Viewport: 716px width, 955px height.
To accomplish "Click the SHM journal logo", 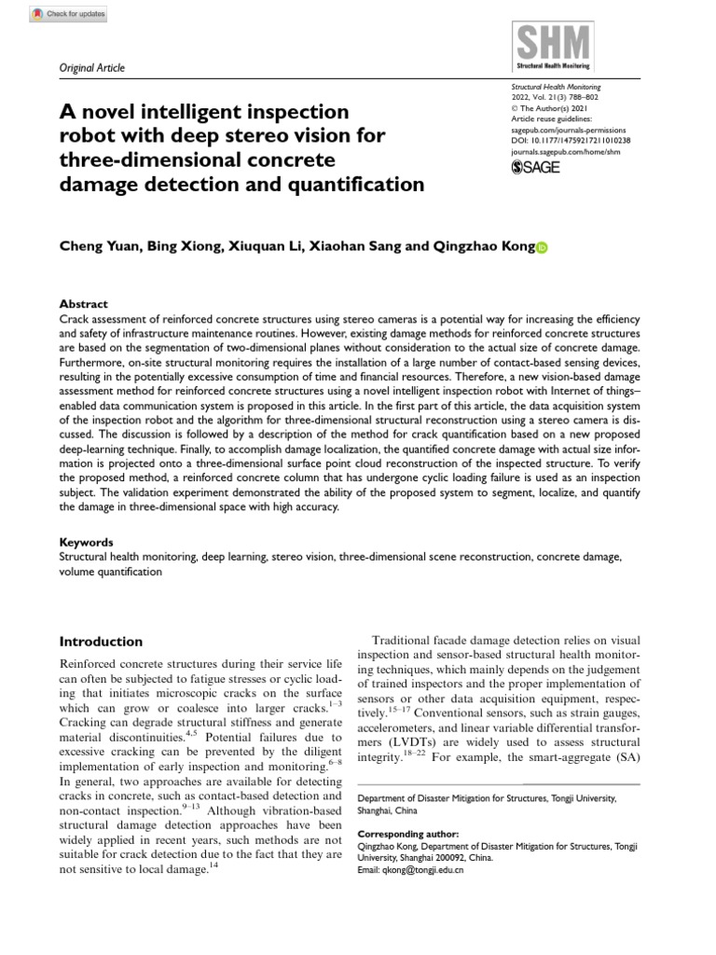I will [553, 46].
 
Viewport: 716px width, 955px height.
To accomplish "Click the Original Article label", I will [92, 68].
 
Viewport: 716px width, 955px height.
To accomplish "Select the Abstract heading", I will [83, 304].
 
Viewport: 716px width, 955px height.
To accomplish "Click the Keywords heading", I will [87, 542].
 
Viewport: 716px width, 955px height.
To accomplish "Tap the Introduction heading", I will [101, 642].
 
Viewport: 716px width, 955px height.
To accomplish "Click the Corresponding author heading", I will [408, 833].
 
